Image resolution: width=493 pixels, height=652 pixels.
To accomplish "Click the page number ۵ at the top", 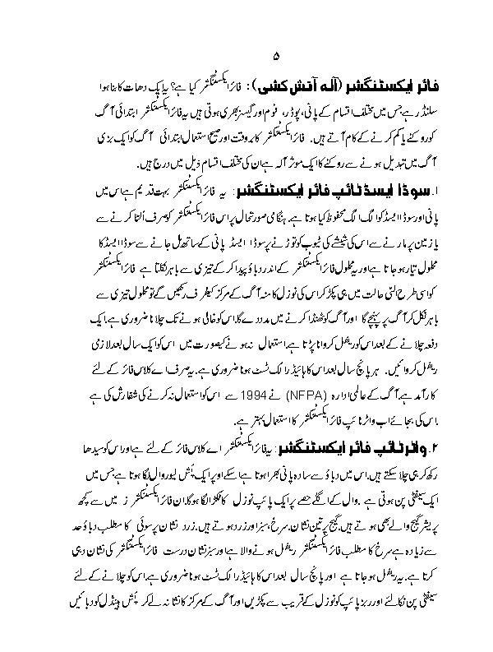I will [275, 55].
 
